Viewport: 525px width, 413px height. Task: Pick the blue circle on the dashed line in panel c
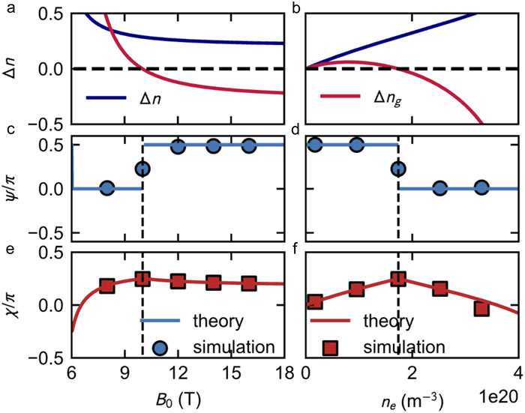(142, 169)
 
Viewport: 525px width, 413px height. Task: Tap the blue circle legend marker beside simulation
(160, 346)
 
